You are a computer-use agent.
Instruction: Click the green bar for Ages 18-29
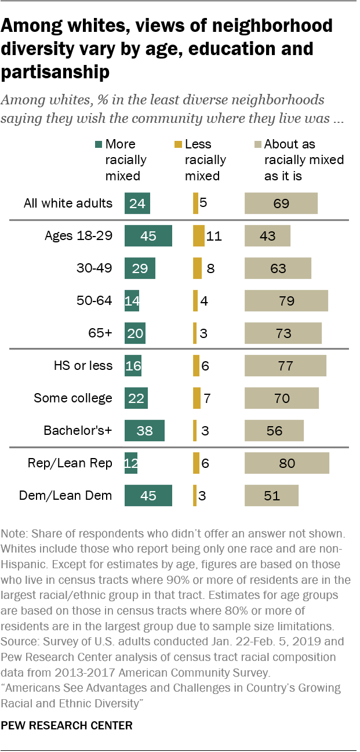(148, 236)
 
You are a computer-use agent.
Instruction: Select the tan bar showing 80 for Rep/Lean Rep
(287, 463)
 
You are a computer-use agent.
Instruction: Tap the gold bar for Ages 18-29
(199, 236)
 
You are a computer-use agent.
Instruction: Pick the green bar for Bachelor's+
(144, 431)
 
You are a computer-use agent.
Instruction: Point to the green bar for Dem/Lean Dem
(148, 496)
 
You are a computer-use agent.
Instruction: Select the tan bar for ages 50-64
(286, 301)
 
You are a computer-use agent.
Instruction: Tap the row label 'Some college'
(73, 398)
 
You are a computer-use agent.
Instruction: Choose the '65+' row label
(100, 333)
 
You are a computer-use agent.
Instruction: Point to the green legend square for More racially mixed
(99, 144)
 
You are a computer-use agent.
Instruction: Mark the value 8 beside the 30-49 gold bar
(210, 268)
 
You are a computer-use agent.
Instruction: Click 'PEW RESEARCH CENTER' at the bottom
(67, 725)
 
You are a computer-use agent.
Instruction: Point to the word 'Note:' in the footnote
(15, 533)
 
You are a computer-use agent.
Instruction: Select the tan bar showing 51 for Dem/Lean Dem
(271, 496)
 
